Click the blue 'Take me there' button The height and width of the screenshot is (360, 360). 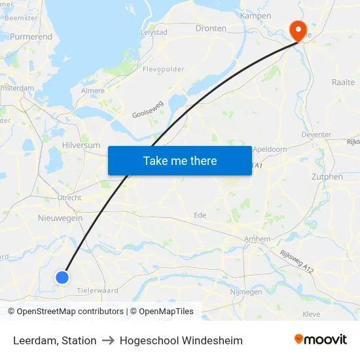pos(180,160)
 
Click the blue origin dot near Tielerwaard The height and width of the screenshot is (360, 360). pos(62,278)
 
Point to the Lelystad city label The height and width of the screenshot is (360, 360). pos(154,31)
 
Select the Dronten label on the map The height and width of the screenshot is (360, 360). pos(211,28)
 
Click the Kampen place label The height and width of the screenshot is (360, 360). pos(255,15)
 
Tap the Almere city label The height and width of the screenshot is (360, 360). pos(92,91)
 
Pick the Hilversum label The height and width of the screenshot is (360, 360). pos(81,145)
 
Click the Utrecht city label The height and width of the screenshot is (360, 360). pos(69,197)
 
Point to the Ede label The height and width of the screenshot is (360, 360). pos(200,215)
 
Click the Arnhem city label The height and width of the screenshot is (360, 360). pos(256,239)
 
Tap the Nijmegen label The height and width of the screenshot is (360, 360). pos(247,292)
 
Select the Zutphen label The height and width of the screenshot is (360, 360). pos(327,177)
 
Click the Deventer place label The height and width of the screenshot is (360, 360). pos(316,134)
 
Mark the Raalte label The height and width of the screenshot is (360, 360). pos(343,82)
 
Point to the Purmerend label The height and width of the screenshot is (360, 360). pos(31,37)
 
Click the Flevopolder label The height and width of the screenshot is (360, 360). pos(164,68)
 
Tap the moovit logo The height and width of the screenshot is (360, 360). pos(320,340)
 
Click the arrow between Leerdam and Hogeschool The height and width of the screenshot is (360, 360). pos(108,340)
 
